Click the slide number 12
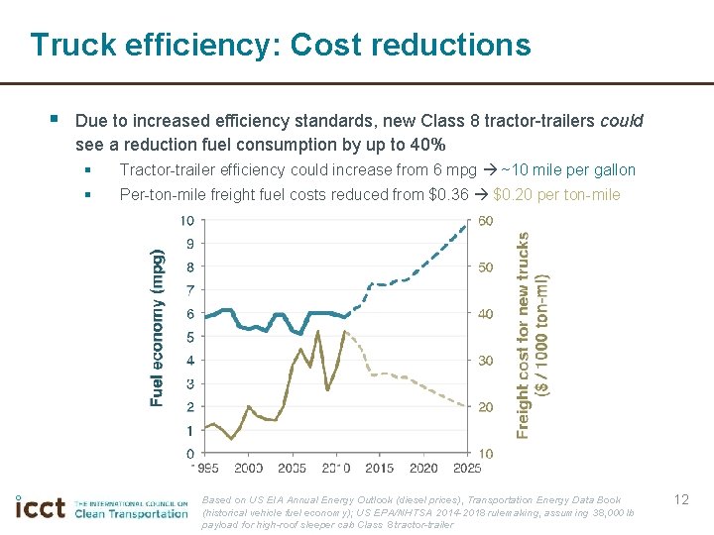pos(680,499)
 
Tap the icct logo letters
pos(41,507)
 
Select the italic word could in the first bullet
pos(621,121)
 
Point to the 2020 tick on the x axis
pos(423,468)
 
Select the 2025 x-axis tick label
pos(467,468)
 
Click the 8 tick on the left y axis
pos(189,267)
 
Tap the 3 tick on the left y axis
pos(189,383)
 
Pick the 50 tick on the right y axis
pos(486,267)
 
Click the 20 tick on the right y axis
pos(486,407)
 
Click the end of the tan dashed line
pos(466,406)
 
